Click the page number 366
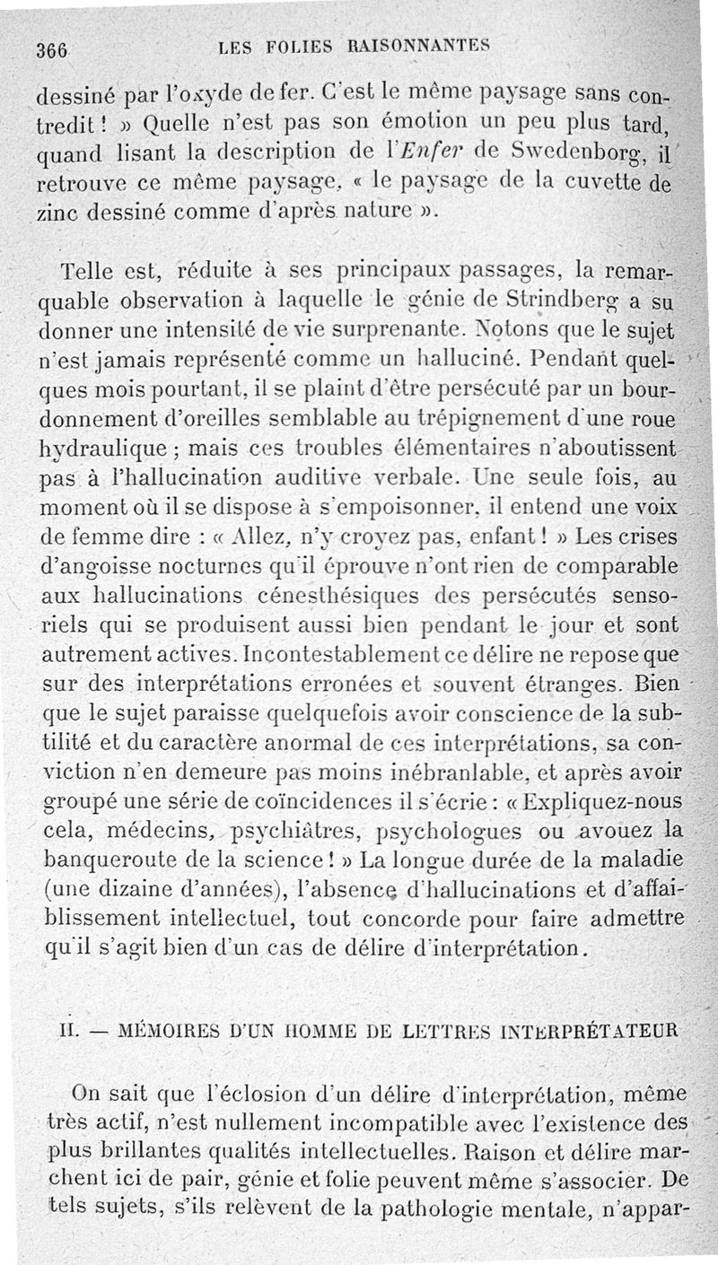coord(52,50)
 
